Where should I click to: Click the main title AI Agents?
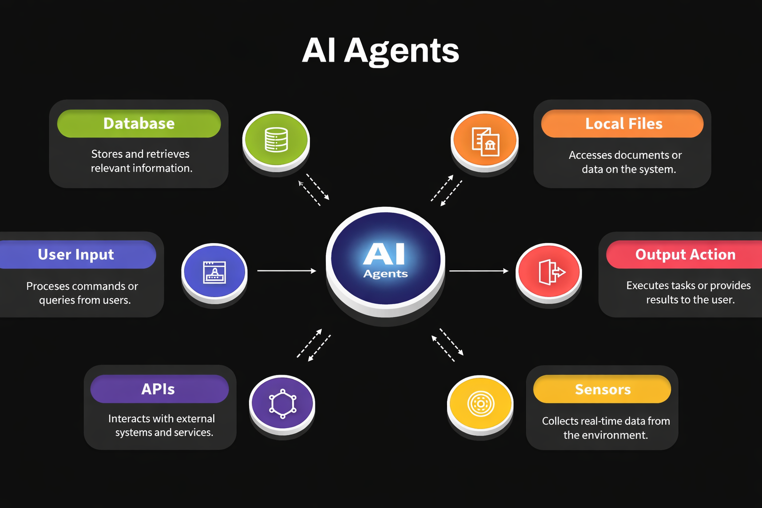pos(381,51)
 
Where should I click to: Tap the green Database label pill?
pos(139,124)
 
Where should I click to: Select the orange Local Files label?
pos(623,124)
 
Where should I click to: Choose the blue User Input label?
pos(76,254)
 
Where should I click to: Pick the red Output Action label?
pos(685,254)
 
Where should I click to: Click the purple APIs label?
pos(159,389)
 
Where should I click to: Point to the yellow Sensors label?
pos(602,389)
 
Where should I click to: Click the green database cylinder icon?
pos(276,139)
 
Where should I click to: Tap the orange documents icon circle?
pos(485,140)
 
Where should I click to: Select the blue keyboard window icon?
pos(214,272)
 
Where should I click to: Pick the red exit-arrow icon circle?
pos(549,272)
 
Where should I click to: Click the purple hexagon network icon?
pos(282,403)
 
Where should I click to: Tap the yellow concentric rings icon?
pos(480,404)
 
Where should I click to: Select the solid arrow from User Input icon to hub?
pos(286,271)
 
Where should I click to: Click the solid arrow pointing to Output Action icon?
pos(479,271)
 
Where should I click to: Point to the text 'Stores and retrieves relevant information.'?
pos(141,161)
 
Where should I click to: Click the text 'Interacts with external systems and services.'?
pos(162,426)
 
